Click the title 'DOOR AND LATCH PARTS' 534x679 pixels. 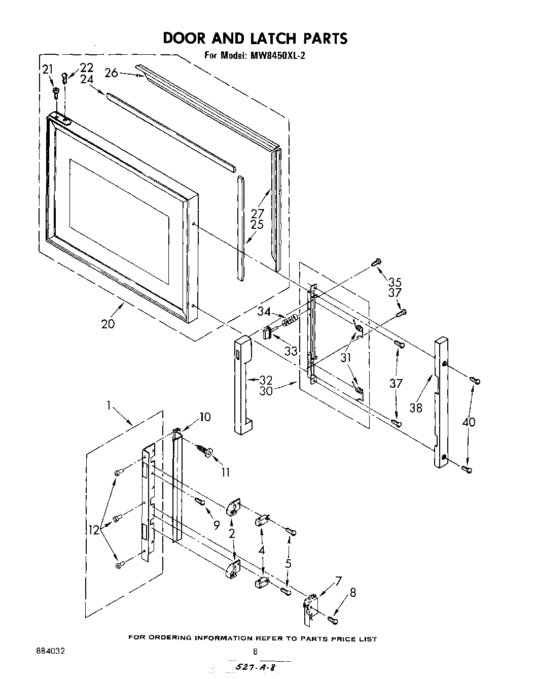255,39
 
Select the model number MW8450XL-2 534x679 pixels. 276,56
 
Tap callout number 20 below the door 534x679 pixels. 108,323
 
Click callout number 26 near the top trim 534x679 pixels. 112,73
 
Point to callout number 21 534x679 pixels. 47,70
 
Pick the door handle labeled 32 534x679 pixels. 243,386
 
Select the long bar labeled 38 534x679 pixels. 440,401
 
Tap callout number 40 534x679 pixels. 469,421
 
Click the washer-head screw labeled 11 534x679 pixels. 206,452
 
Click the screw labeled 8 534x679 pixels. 332,619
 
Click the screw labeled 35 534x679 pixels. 376,262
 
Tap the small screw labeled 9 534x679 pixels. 199,501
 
